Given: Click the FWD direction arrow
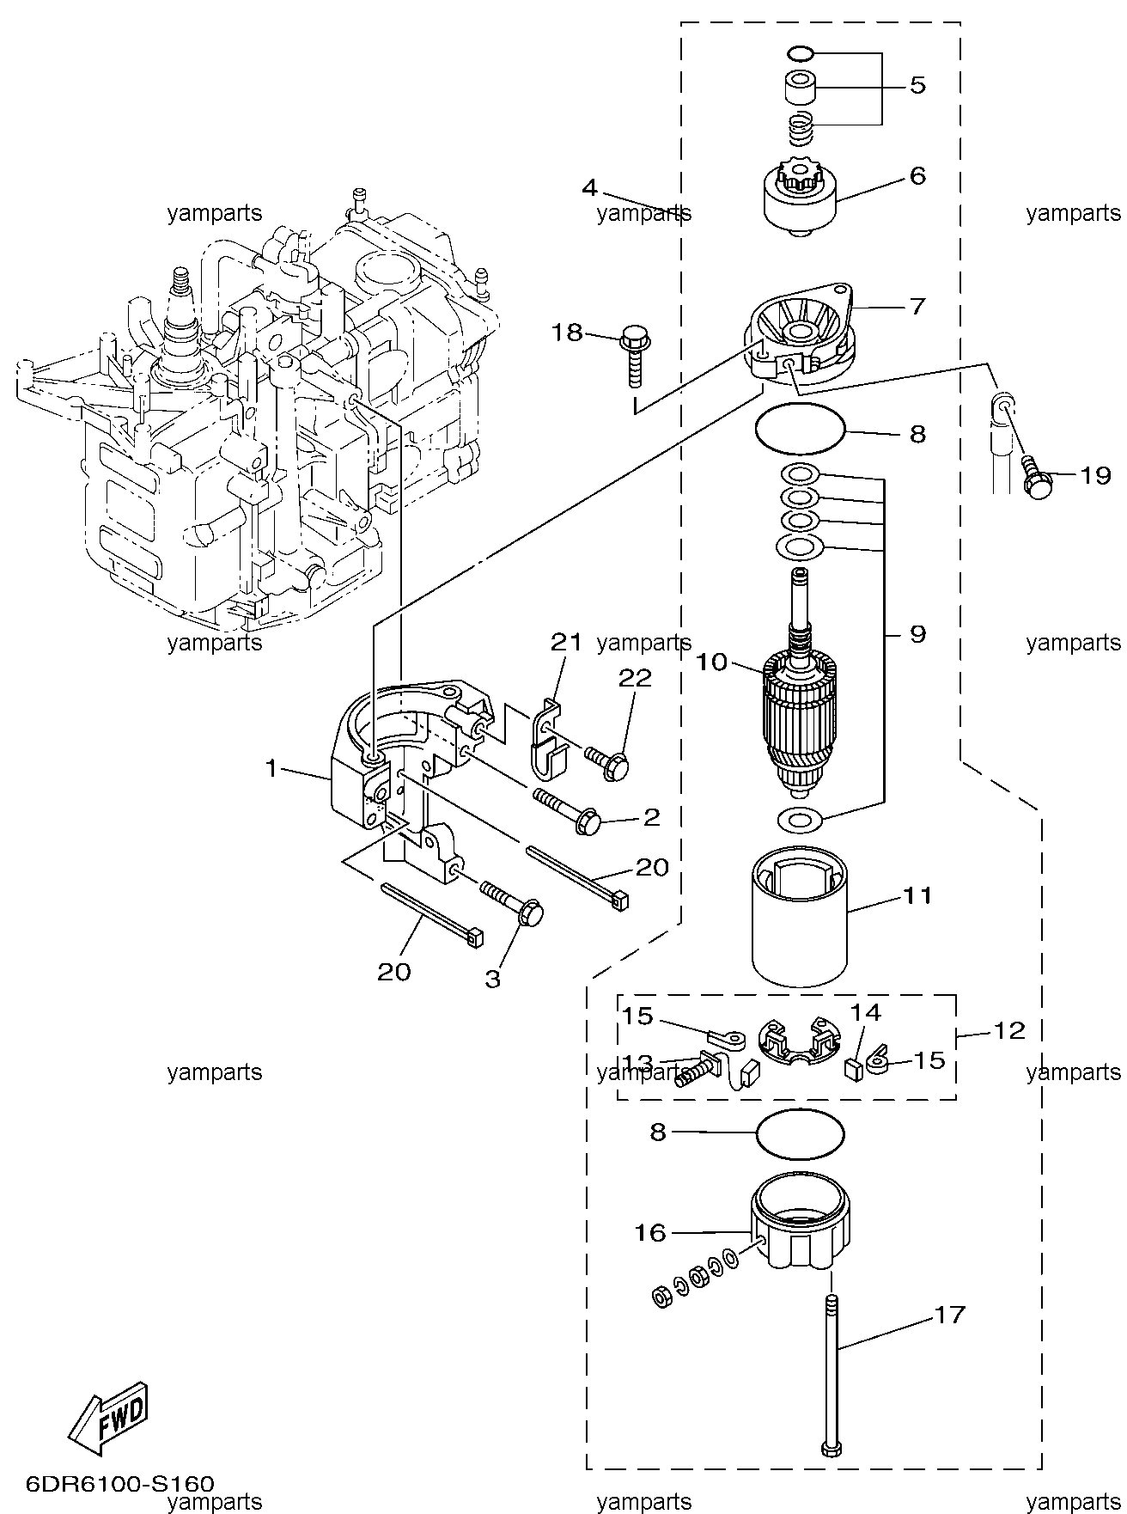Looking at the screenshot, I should coord(109,1419).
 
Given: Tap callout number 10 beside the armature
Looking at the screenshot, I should coord(712,662).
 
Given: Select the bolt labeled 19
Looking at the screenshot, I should coord(1037,479).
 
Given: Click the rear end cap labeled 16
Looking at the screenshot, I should coord(799,1224).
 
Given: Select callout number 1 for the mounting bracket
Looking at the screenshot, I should coord(271,768).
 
